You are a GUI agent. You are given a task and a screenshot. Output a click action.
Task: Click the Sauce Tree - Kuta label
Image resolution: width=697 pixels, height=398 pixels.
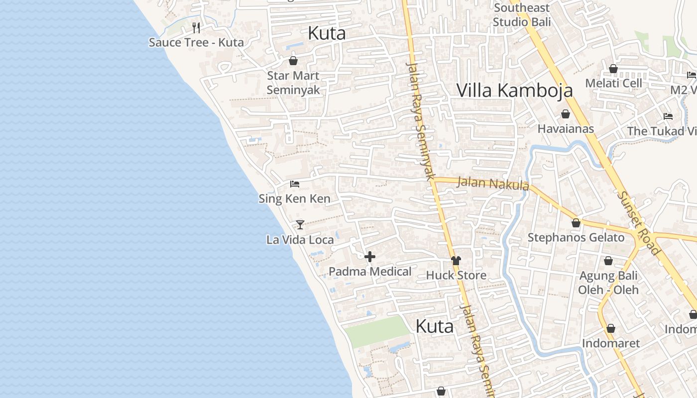(196, 42)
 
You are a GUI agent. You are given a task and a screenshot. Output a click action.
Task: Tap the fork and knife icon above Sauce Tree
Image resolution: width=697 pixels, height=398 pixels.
(196, 27)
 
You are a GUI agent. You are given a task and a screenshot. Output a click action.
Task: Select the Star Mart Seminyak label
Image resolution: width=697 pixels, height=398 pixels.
(293, 83)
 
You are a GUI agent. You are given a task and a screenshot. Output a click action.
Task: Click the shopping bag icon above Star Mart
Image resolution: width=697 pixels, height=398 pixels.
(293, 61)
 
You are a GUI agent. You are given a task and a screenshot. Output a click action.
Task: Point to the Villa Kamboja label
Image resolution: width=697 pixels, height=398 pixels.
(514, 90)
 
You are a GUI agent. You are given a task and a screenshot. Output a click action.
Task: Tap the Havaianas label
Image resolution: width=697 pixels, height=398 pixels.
(566, 129)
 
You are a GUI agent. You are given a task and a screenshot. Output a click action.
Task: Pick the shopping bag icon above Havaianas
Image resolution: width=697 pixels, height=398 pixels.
(566, 114)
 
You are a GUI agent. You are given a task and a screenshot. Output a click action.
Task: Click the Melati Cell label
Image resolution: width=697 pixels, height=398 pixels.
(613, 83)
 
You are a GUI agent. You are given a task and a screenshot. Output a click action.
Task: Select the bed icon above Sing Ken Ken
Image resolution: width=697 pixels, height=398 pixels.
(295, 184)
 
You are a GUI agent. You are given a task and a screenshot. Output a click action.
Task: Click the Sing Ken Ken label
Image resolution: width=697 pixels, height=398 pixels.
(294, 199)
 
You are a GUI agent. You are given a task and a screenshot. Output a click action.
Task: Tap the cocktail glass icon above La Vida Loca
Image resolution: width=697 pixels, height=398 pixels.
(300, 225)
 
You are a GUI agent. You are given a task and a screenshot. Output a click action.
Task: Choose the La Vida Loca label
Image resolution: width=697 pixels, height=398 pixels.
(300, 240)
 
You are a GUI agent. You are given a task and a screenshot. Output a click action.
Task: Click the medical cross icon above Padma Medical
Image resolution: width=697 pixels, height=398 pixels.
(370, 257)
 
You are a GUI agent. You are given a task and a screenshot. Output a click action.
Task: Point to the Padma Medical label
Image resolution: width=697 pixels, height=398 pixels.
(370, 272)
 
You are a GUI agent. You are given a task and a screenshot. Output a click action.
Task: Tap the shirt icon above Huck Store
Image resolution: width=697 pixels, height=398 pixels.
(456, 260)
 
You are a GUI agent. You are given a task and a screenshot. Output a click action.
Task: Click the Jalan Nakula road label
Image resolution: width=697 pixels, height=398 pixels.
(492, 183)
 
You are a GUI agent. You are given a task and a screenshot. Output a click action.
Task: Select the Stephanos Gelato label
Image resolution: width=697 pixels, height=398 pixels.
(576, 237)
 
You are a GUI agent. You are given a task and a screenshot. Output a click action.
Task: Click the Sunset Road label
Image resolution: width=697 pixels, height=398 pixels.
(638, 222)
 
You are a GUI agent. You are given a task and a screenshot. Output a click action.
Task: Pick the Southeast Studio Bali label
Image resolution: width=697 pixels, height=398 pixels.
(522, 15)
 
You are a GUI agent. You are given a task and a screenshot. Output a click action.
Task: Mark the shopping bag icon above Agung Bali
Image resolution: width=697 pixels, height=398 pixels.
(608, 261)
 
